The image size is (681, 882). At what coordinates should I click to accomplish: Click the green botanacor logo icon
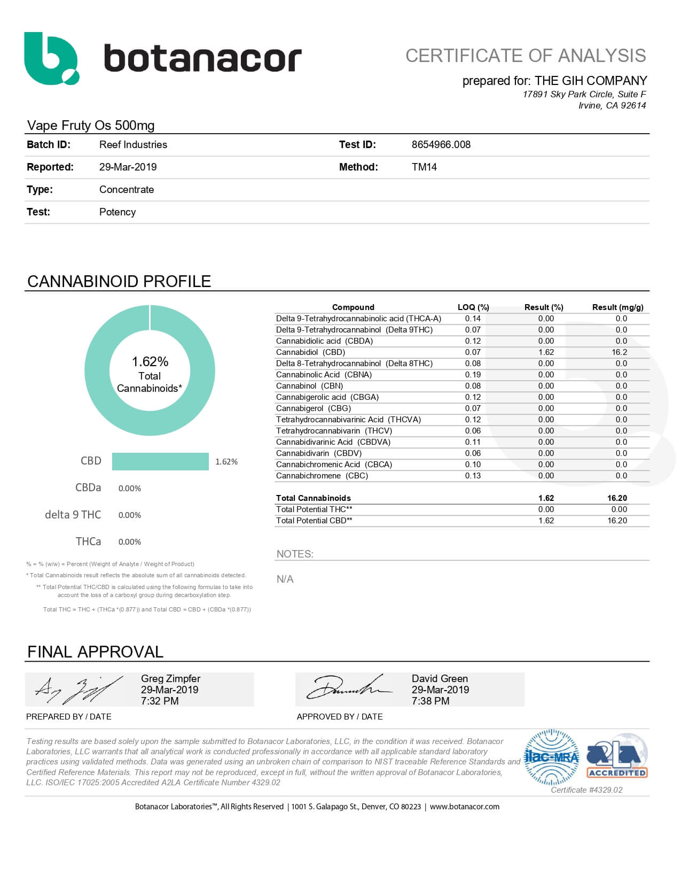[51, 58]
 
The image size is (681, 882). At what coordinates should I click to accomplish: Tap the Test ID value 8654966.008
[441, 144]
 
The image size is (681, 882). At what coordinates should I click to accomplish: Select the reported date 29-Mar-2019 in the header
[128, 167]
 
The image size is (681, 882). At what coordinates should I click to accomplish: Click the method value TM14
[424, 167]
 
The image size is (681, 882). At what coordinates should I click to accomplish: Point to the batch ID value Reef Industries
[133, 144]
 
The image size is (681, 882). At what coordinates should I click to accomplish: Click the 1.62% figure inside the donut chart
[150, 361]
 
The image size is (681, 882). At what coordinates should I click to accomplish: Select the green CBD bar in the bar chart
[160, 461]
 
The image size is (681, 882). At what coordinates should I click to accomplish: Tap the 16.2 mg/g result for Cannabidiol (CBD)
[620, 352]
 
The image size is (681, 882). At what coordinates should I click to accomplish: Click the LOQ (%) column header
[473, 307]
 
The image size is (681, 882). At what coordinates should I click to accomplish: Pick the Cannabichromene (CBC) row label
[322, 476]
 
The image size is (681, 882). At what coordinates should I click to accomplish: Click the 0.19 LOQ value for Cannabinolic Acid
[473, 375]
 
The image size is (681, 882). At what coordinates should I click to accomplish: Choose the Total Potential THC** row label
[314, 509]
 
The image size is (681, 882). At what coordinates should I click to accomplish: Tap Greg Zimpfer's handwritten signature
[77, 690]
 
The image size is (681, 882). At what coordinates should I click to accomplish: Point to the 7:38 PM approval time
[430, 701]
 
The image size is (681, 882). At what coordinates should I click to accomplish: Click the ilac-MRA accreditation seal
[552, 757]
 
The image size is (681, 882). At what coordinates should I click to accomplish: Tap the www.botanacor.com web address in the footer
[464, 807]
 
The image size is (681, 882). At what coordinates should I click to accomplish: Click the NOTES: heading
[295, 554]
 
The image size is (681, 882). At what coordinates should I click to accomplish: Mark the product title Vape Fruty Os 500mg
[91, 125]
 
